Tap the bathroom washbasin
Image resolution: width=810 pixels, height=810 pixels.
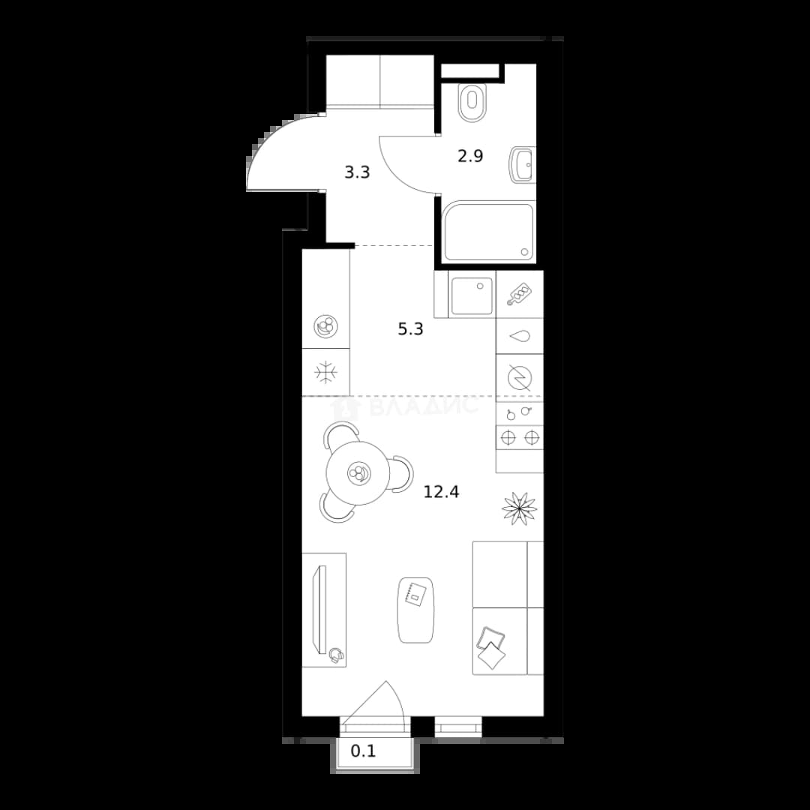(522, 165)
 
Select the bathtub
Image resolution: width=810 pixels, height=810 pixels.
(489, 232)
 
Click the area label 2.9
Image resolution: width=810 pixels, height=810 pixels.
(470, 155)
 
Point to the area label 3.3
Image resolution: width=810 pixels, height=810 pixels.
(358, 172)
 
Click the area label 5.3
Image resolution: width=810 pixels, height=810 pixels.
(411, 329)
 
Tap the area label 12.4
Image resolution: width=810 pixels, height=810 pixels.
(441, 492)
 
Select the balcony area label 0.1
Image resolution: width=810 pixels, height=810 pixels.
(363, 751)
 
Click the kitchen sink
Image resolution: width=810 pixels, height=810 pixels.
(472, 296)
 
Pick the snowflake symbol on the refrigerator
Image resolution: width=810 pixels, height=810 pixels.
(325, 373)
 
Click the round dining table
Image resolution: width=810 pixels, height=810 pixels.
(358, 473)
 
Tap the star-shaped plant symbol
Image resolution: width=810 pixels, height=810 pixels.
(519, 508)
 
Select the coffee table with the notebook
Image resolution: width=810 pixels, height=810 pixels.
(415, 610)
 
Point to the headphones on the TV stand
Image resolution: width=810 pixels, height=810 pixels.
(336, 655)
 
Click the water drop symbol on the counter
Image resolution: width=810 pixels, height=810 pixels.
(520, 336)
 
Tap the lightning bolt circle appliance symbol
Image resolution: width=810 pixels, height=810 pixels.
(519, 378)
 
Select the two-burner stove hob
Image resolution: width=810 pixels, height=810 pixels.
(520, 437)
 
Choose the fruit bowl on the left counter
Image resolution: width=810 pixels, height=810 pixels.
(326, 326)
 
